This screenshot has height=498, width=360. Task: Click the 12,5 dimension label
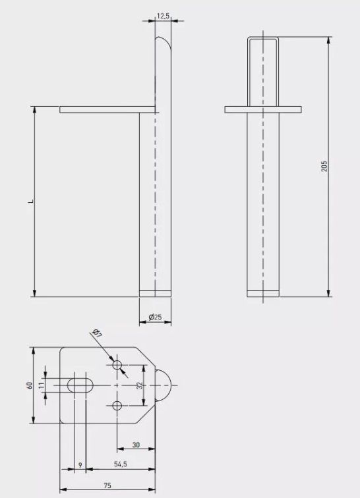[x=163, y=16]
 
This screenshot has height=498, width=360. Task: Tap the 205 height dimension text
[x=324, y=166]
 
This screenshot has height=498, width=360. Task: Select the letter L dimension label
[x=31, y=201]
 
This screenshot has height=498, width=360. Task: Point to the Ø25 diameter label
[x=155, y=317]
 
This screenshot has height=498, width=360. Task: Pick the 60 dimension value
[x=30, y=385]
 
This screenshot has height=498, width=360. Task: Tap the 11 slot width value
[x=41, y=385]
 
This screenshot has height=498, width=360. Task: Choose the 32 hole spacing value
[x=140, y=385]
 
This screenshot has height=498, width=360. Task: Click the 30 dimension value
[x=136, y=445]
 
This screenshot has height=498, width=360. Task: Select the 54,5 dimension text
[x=121, y=464]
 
